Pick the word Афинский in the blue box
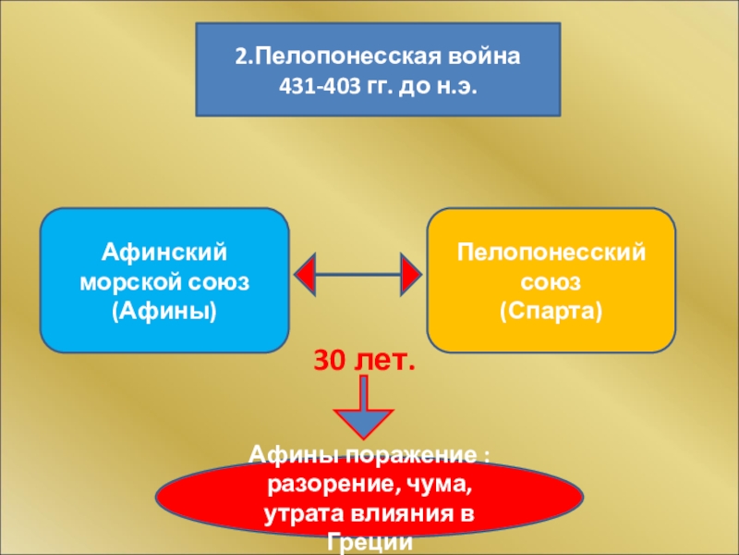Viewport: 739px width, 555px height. [x=164, y=252]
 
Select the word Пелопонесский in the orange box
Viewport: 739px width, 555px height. [x=551, y=252]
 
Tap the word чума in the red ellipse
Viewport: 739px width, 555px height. [x=434, y=486]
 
